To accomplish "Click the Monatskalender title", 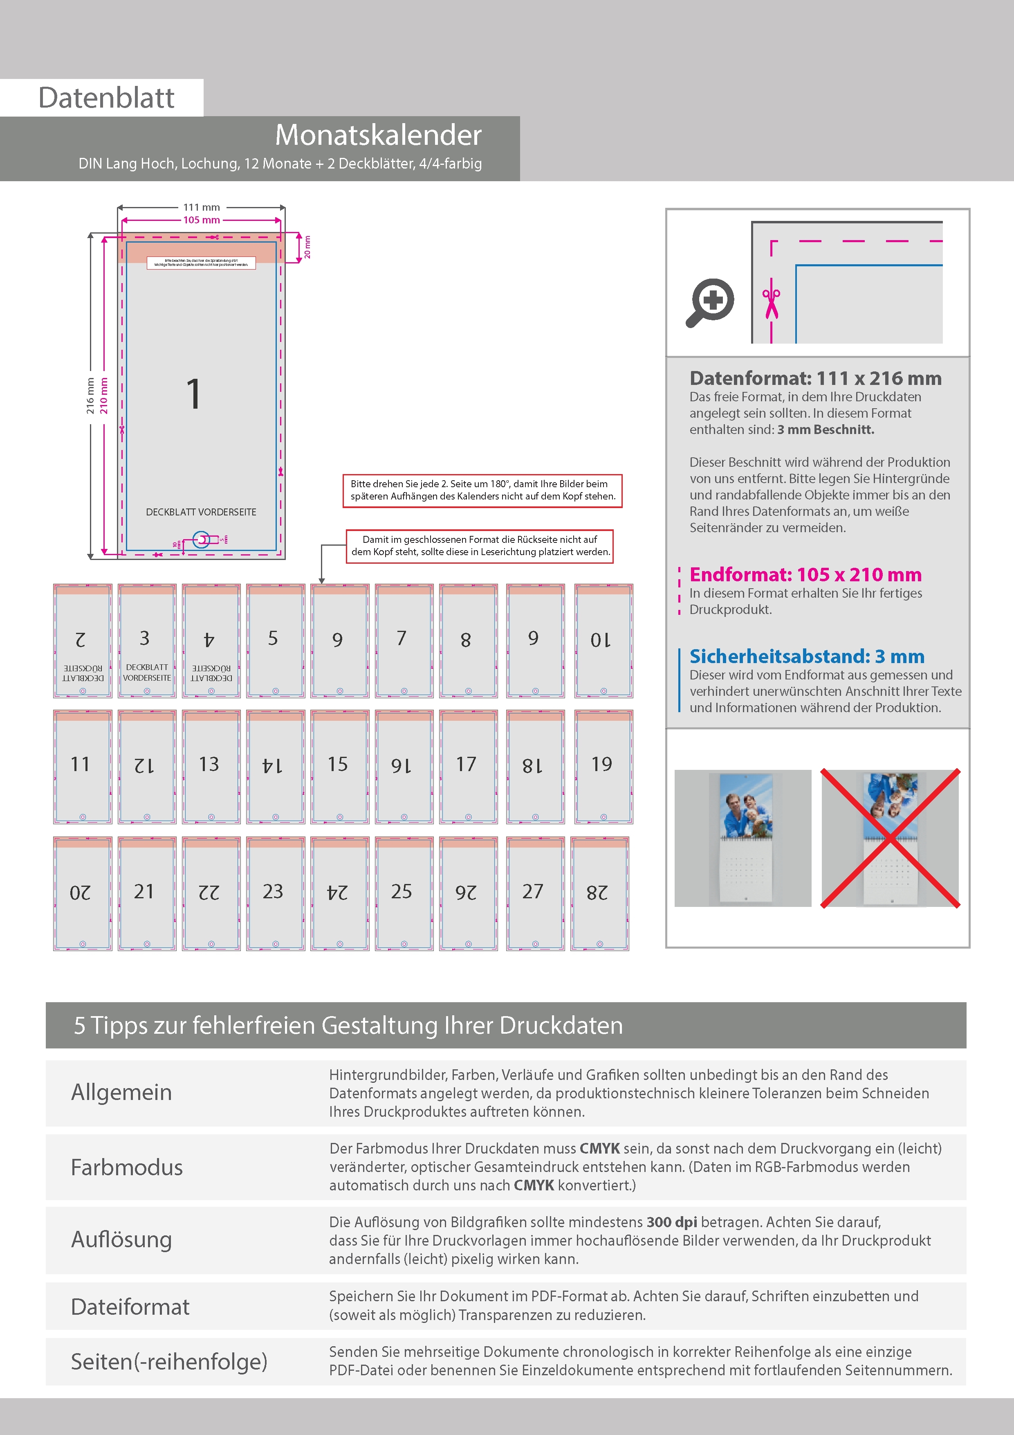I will [x=378, y=135].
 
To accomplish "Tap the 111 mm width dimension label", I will [x=201, y=207].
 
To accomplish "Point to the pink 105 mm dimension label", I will [x=201, y=220].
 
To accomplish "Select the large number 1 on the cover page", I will [x=194, y=394].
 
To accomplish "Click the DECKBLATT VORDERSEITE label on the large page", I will [x=201, y=512].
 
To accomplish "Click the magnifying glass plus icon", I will [x=710, y=302].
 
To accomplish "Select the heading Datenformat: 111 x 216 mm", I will [x=815, y=378].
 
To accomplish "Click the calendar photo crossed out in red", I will [x=890, y=838].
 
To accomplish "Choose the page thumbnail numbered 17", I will [x=468, y=766].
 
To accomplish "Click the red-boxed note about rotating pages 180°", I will [x=482, y=490].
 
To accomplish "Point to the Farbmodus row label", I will [x=127, y=1167].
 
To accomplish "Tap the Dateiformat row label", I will [x=130, y=1307].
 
